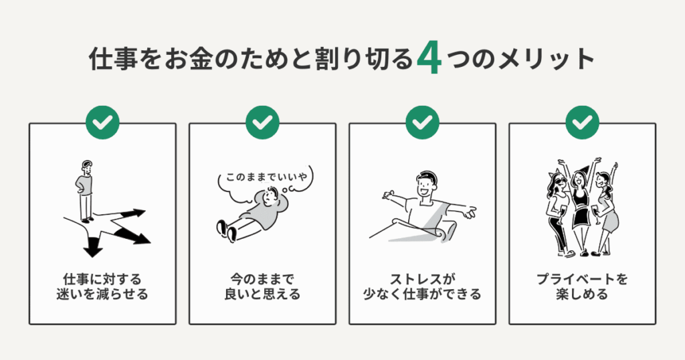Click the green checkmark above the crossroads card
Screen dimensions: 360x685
click(x=102, y=122)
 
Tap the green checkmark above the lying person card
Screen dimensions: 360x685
click(x=262, y=122)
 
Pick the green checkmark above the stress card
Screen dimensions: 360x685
click(x=422, y=122)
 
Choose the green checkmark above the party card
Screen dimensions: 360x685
click(x=583, y=122)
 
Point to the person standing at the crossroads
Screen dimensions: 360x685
click(x=85, y=190)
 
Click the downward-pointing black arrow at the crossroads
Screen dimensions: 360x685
click(x=92, y=246)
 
